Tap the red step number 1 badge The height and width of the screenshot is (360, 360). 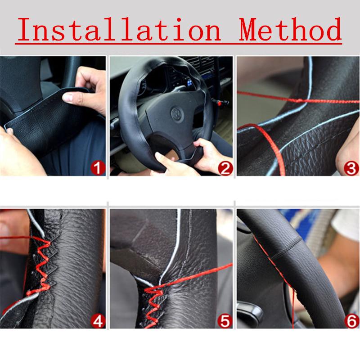tap(98, 169)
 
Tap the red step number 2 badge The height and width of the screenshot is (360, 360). tap(225, 169)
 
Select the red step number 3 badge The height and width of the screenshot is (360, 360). tap(351, 169)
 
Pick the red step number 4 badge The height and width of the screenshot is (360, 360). tap(98, 320)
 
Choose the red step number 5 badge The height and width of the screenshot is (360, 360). tap(225, 320)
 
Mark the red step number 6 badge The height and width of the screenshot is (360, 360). tap(351, 320)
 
